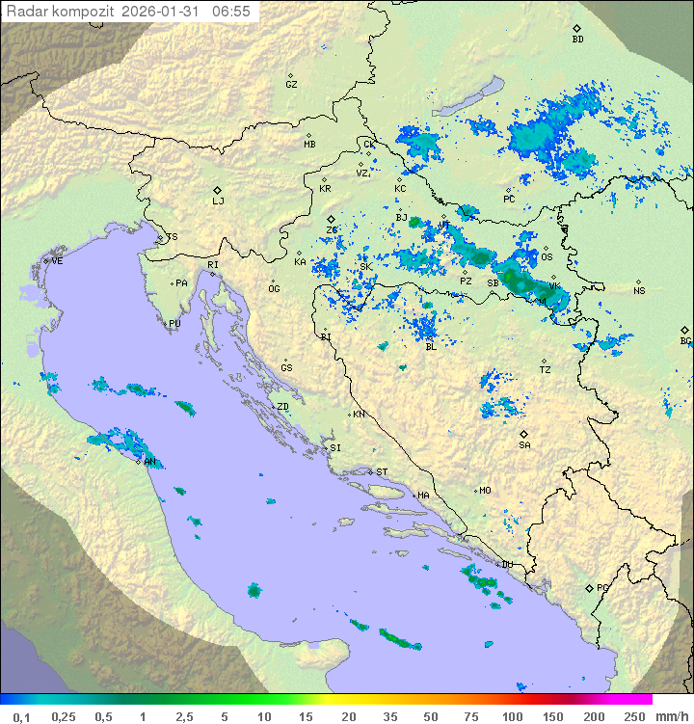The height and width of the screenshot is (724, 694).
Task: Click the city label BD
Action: click(577, 40)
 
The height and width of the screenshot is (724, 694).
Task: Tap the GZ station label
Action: click(291, 85)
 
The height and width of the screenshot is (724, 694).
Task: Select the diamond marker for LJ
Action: click(218, 190)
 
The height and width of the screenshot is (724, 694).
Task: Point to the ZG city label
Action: click(332, 230)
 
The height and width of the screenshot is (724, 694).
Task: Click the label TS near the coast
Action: click(173, 237)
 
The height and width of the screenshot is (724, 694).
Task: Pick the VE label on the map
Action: click(57, 261)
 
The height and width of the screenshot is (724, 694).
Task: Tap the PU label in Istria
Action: click(174, 325)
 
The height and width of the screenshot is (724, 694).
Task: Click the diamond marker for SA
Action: click(524, 435)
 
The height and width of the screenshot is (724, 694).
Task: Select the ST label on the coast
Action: click(382, 472)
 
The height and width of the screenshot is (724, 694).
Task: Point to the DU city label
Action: click(506, 565)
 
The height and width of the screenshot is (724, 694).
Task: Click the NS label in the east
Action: click(639, 291)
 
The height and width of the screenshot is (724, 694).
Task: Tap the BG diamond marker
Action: click(684, 330)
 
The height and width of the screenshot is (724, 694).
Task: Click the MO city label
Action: click(485, 491)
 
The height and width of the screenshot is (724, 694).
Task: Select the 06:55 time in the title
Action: click(231, 12)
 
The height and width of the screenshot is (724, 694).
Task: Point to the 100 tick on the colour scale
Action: click(512, 716)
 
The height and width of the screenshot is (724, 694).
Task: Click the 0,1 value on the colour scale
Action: click(21, 716)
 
